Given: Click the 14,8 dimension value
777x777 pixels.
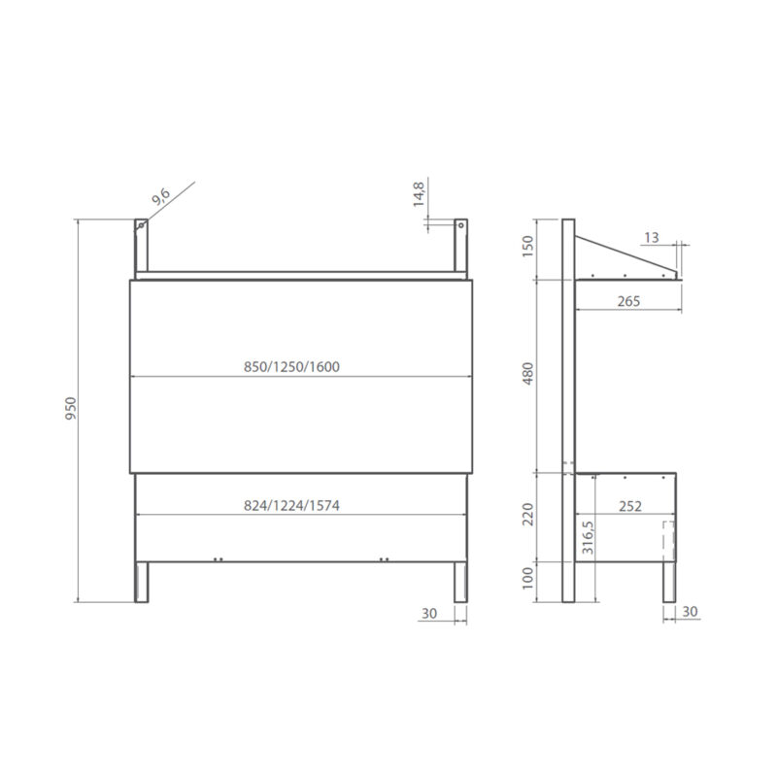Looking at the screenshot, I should (420, 192).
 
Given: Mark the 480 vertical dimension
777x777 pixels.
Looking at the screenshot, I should (528, 375).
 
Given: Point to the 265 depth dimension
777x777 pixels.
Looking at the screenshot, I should (627, 302).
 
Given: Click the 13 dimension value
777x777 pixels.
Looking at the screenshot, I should (650, 237).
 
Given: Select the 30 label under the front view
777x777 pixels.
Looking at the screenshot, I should (429, 613).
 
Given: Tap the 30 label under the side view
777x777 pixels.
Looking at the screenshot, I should (690, 613).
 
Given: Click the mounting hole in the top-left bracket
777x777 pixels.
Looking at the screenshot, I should (141, 225).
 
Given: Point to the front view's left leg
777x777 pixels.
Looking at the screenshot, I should (142, 581).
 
